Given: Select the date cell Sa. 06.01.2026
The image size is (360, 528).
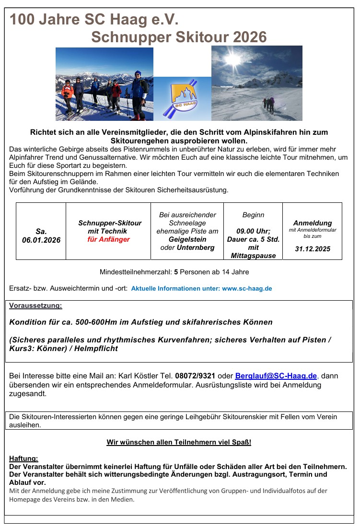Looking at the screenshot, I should click(x=41, y=235).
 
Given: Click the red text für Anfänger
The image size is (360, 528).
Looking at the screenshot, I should click(x=109, y=239).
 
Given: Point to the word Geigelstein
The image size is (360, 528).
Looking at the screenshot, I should click(x=187, y=239).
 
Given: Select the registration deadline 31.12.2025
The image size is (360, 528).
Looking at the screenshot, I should click(x=312, y=249).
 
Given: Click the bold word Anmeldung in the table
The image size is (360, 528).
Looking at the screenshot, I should click(x=313, y=223).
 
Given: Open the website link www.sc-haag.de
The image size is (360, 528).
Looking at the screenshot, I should click(x=247, y=289).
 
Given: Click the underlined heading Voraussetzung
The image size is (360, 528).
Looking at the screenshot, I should click(x=35, y=305).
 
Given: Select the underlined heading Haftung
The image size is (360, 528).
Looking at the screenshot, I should click(x=23, y=458).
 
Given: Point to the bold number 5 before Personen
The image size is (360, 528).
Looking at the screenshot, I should click(x=176, y=272).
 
